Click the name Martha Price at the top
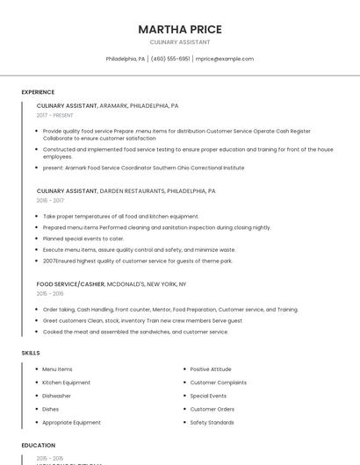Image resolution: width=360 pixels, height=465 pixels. (x=179, y=29)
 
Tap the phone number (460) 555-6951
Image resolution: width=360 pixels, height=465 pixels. (x=170, y=59)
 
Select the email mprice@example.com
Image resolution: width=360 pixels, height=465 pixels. (x=225, y=59)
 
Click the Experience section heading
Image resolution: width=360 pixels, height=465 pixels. (x=38, y=91)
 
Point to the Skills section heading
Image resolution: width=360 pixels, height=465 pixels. (x=31, y=353)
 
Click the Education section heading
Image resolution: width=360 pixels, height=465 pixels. (x=39, y=445)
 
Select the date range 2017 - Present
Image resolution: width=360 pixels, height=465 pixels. (x=56, y=115)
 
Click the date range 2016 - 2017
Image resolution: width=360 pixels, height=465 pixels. (x=50, y=200)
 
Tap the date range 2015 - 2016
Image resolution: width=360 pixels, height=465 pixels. (x=50, y=294)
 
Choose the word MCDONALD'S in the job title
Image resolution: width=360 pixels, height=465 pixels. (x=129, y=284)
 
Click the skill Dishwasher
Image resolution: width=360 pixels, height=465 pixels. (x=58, y=396)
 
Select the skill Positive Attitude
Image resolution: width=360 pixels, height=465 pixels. (x=211, y=369)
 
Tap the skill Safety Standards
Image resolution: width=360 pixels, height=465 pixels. (x=212, y=422)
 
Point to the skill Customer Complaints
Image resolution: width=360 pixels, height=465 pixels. (x=218, y=383)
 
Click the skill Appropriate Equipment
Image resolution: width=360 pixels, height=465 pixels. (x=71, y=422)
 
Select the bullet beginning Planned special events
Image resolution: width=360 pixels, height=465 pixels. (x=83, y=239)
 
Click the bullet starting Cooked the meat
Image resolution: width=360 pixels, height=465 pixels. (x=135, y=332)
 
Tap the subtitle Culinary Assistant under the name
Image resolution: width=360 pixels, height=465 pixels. (x=179, y=41)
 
